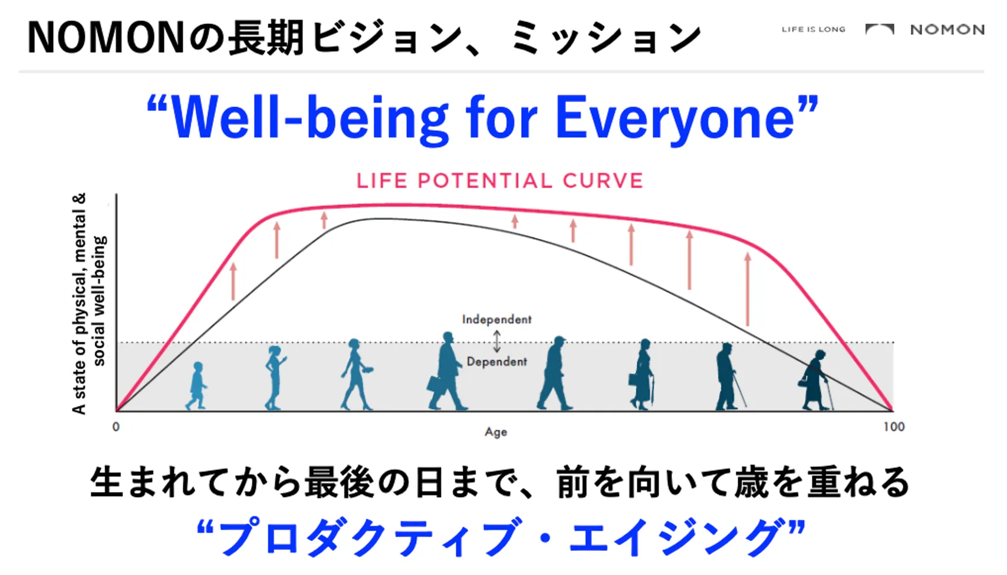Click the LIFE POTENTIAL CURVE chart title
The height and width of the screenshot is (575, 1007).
click(499, 181)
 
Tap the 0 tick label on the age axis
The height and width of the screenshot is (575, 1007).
click(116, 427)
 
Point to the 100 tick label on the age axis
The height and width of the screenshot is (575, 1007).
click(894, 427)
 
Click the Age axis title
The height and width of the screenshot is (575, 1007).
click(496, 432)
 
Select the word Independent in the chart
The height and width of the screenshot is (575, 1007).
click(497, 319)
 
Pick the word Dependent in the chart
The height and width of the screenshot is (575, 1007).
click(497, 362)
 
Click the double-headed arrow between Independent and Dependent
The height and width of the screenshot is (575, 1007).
click(497, 341)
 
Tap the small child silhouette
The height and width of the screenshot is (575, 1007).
click(196, 386)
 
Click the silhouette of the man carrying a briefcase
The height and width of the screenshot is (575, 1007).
click(446, 371)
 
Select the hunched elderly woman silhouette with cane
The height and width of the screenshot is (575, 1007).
click(816, 380)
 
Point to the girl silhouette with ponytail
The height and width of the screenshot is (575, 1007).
click(274, 378)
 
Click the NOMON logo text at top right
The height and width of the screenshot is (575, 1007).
click(947, 29)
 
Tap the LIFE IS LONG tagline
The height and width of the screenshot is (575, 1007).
click(813, 29)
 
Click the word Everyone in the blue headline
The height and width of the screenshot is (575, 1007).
click(675, 118)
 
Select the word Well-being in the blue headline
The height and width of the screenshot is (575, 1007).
click(310, 118)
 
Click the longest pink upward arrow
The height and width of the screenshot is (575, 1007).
click(747, 289)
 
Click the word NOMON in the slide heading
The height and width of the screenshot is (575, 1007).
click(106, 38)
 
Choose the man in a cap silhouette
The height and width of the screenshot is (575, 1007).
click(555, 373)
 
